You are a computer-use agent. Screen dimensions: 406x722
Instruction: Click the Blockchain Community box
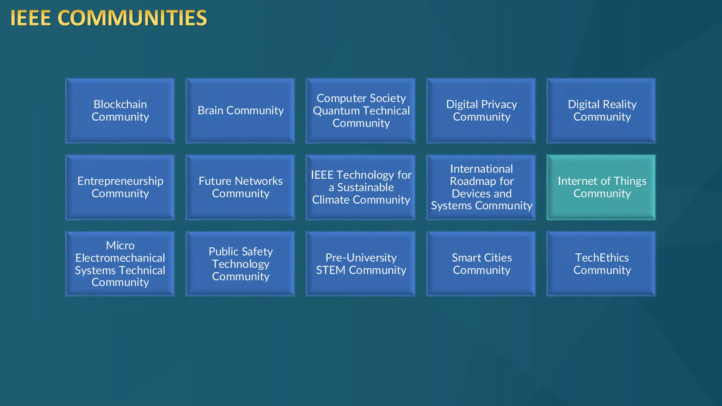coord(120,111)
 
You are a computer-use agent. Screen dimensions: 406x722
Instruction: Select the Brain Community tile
coord(240,111)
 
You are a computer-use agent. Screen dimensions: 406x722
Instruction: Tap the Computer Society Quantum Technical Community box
coord(361,111)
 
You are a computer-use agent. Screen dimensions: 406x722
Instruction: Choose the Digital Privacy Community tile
coord(481,111)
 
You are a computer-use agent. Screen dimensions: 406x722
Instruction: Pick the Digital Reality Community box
coord(601,111)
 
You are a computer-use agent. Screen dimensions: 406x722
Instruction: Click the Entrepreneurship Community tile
coord(120,187)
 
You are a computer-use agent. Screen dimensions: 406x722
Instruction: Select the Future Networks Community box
coord(240,187)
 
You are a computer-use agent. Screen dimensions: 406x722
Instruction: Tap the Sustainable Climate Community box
coord(361,187)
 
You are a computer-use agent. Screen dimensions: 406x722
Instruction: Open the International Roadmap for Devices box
coord(481,187)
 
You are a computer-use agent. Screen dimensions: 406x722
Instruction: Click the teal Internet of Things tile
coord(601,187)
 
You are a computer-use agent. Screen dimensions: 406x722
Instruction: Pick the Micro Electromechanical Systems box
coord(120,264)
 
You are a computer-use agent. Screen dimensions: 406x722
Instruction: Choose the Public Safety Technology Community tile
coord(240,264)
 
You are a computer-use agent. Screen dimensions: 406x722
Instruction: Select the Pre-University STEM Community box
coord(361,264)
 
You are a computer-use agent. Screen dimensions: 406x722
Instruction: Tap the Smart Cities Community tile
coord(481,264)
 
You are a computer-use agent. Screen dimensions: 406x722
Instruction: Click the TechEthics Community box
coord(601,264)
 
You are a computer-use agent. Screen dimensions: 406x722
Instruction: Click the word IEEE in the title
coord(31,18)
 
